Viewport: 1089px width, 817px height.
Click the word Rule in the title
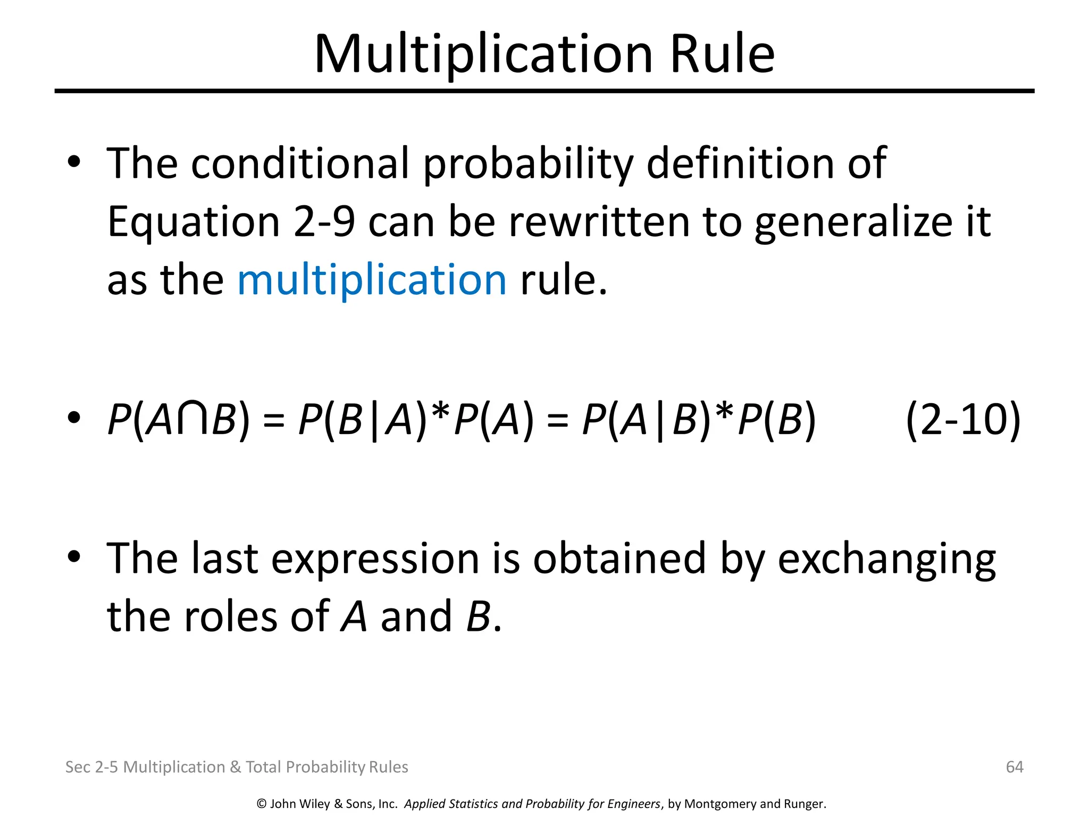[x=722, y=54]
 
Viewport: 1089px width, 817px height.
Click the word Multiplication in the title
[x=483, y=54]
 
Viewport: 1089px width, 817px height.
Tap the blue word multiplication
[x=372, y=280]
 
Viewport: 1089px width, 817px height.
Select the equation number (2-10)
[x=963, y=420]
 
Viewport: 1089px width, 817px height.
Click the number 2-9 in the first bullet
[x=324, y=222]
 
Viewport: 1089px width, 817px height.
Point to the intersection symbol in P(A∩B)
[x=192, y=420]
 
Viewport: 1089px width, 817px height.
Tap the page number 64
[x=1015, y=766]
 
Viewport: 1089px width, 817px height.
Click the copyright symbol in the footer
[x=261, y=804]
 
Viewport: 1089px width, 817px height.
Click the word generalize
[x=853, y=222]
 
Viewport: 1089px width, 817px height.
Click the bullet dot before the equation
[x=74, y=418]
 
